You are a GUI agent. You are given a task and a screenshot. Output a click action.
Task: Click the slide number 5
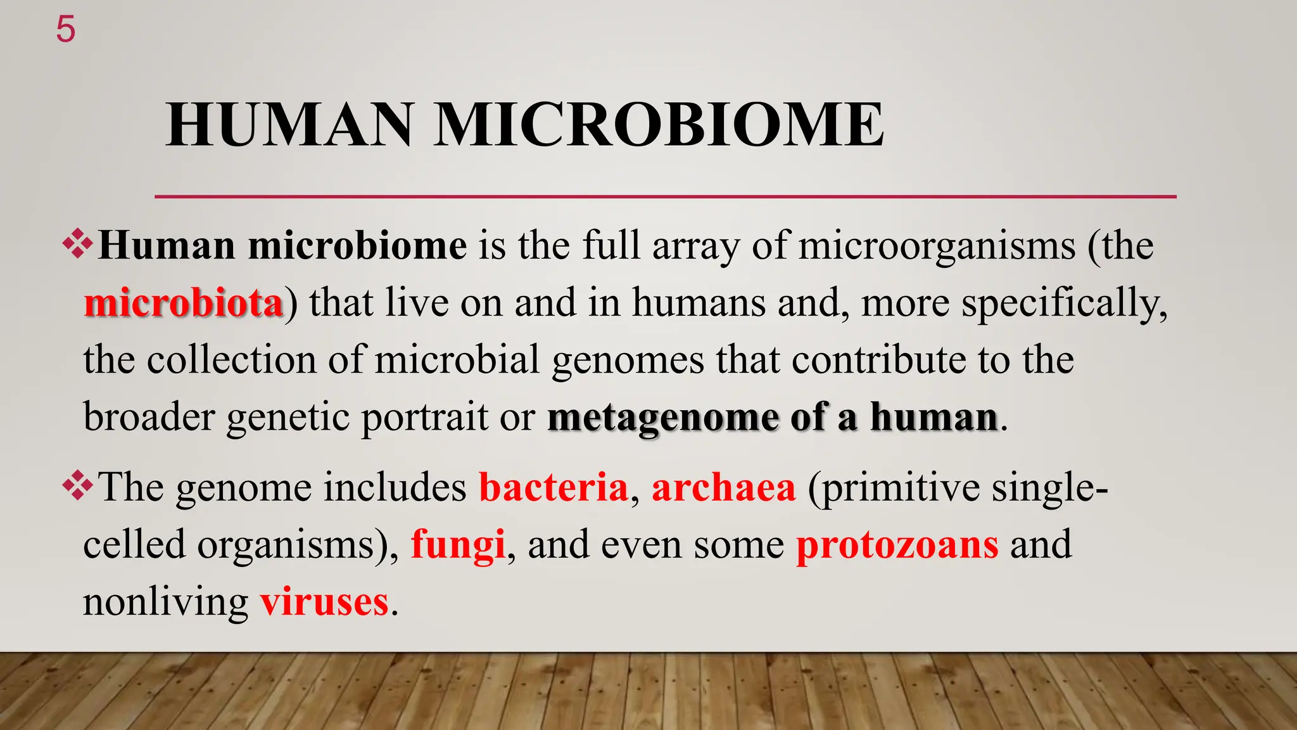(65, 30)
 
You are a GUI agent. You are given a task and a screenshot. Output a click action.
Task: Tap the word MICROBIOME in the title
(659, 125)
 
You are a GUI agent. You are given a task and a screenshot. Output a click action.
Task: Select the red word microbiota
(183, 303)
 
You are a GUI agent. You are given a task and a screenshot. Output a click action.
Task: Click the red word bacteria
(553, 487)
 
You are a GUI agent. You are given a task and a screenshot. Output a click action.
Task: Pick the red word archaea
(723, 487)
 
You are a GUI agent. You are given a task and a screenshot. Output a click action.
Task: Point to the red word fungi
(458, 544)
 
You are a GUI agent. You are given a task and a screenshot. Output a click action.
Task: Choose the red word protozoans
(897, 544)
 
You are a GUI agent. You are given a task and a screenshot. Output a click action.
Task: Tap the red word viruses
(324, 601)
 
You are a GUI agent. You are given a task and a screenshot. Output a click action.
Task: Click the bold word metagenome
(662, 418)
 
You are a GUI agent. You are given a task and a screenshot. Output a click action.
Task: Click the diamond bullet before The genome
(77, 487)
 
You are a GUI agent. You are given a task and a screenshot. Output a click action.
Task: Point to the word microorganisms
(937, 246)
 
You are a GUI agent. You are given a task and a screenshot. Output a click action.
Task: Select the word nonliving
(165, 601)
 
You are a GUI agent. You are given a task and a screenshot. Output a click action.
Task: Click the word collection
(231, 360)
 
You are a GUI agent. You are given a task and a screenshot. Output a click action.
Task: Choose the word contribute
(878, 360)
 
